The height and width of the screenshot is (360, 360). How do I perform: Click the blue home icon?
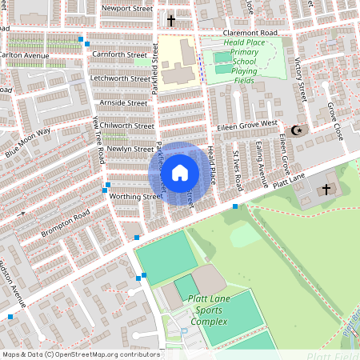coord(180,172)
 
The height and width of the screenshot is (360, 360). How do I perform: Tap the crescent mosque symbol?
coord(298,130)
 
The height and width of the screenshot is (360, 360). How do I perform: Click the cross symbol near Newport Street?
coord(171,20)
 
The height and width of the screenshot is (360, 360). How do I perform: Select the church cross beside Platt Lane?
coord(326,189)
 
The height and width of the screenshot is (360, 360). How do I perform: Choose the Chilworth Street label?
coord(126,126)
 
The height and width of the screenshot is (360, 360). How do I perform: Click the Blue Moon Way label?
coord(27,142)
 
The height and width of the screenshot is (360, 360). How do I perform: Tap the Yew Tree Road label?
coord(98,140)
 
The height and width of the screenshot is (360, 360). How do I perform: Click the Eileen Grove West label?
coord(246,126)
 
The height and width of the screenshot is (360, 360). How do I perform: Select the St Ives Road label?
coord(236,170)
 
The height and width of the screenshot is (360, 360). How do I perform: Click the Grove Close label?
coord(334,121)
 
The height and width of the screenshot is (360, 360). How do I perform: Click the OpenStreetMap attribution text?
coord(80,354)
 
